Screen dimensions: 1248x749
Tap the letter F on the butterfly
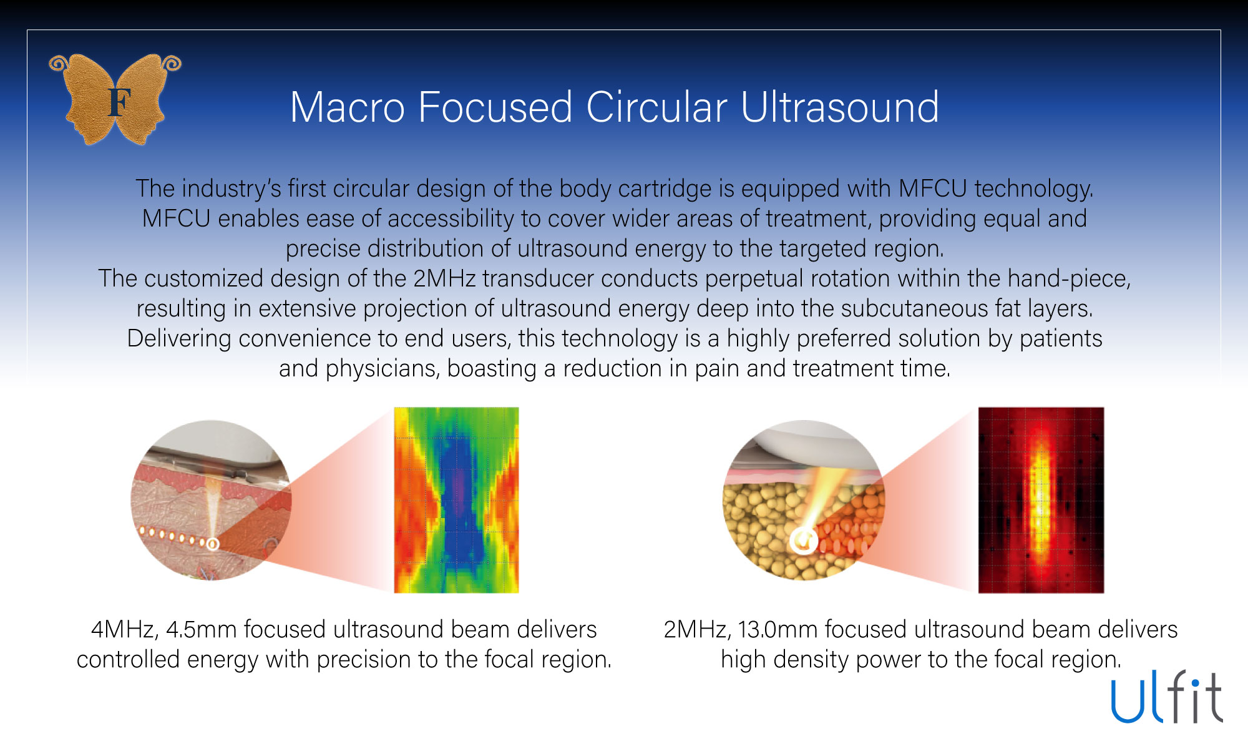click(x=119, y=103)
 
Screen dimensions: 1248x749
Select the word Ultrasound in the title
click(x=839, y=107)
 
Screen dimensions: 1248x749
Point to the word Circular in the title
click(x=656, y=107)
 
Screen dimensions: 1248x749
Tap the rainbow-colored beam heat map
click(x=456, y=500)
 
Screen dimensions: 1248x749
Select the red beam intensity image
click(x=1041, y=500)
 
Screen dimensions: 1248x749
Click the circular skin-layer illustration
click(x=211, y=500)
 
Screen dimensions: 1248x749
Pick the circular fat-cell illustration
click(x=804, y=500)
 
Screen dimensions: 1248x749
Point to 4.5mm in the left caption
click(x=201, y=629)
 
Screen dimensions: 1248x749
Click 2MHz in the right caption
click(x=696, y=629)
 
